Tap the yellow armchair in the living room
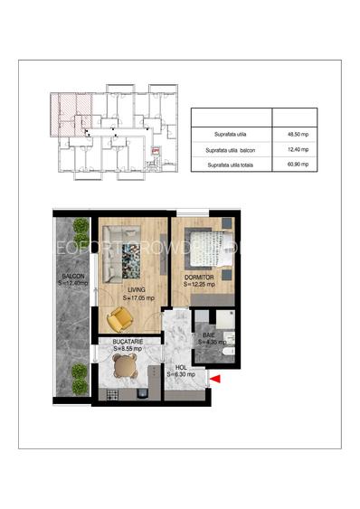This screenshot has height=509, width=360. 118,319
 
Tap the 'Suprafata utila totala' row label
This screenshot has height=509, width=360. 232,165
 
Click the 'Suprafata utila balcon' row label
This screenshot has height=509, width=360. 232,149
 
